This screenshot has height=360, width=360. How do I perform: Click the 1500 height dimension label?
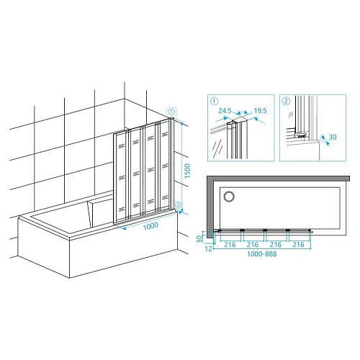187,171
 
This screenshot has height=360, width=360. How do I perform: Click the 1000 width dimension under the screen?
150,226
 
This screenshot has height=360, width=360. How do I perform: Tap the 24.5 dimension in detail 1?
225,111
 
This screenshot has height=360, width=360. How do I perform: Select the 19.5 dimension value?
261,111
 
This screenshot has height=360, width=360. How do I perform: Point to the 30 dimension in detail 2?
333,137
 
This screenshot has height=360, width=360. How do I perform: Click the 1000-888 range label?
262,254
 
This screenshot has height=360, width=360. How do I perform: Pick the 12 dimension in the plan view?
209,249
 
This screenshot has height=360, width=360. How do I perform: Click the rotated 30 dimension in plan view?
199,239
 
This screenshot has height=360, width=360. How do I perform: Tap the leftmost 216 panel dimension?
230,245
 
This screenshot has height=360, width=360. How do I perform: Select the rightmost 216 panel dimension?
298,245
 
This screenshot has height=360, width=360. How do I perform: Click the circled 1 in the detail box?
214,101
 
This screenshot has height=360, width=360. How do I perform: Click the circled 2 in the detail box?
286,101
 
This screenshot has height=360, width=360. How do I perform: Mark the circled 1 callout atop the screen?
171,112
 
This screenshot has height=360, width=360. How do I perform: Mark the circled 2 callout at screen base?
178,205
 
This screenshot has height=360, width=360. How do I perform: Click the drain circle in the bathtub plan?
229,197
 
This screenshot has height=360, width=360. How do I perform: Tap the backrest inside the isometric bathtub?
99,212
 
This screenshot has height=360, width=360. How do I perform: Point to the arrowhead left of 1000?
124,228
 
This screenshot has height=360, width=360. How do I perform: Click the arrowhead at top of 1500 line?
182,123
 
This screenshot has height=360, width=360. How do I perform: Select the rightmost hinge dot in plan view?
310,230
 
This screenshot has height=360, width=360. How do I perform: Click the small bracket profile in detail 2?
301,135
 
